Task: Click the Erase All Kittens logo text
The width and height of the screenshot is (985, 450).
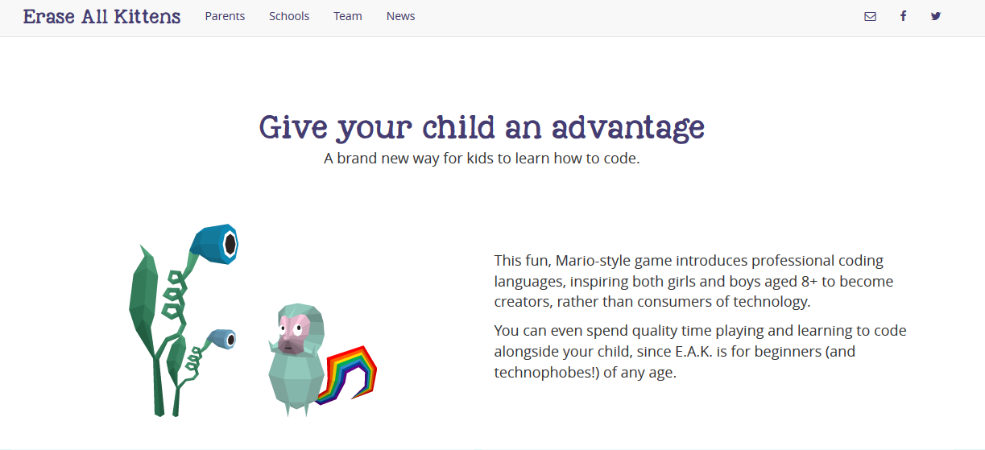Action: coord(101,17)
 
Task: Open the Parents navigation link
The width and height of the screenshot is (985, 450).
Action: coord(225,16)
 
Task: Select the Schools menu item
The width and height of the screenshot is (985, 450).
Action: coord(289,16)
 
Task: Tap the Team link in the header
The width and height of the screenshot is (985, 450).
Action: coord(347,16)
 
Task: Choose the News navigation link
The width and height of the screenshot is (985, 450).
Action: coord(400,16)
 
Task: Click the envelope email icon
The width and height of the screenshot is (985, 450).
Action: coord(870,17)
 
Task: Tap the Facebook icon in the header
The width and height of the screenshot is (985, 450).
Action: coord(903,16)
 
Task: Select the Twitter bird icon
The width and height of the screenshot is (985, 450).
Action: coord(936,16)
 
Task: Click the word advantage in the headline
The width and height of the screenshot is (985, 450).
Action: coord(628,128)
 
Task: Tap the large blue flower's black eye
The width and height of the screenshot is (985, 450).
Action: coord(230,244)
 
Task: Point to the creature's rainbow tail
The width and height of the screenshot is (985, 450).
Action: coord(348,375)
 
